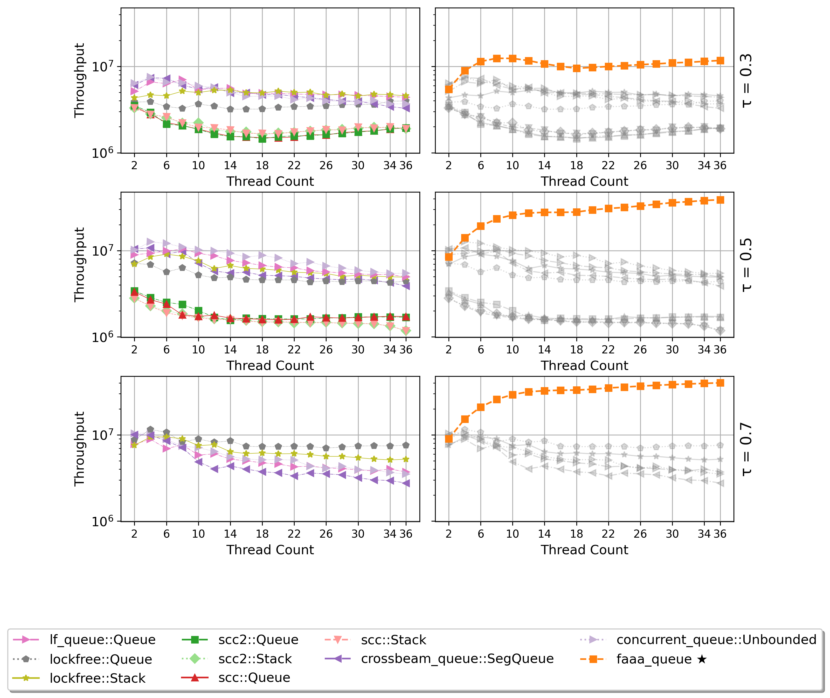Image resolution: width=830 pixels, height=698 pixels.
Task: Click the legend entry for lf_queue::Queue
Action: click(x=102, y=640)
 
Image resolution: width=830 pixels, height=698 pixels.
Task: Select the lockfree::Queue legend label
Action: click(x=101, y=659)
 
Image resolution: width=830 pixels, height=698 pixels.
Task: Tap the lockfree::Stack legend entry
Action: click(x=97, y=678)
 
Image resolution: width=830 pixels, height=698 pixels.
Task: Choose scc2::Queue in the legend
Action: click(x=258, y=640)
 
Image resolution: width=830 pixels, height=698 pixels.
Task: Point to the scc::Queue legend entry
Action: click(x=254, y=678)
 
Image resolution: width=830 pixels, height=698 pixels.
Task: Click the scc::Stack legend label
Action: click(x=393, y=640)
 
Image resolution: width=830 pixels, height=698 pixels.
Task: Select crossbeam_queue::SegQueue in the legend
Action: click(x=457, y=659)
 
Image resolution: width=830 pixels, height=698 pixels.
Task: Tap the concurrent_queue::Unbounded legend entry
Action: click(x=716, y=640)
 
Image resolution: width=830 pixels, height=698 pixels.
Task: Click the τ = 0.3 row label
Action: click(x=746, y=81)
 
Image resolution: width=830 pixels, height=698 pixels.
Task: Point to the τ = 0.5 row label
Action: click(x=746, y=265)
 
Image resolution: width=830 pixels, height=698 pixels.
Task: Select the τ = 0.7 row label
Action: click(x=746, y=449)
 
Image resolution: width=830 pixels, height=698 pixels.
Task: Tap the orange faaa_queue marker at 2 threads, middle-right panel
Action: click(x=449, y=257)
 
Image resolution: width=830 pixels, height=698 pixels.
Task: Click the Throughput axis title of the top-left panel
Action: click(x=79, y=80)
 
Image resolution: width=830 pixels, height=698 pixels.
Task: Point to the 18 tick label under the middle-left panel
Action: click(x=262, y=350)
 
